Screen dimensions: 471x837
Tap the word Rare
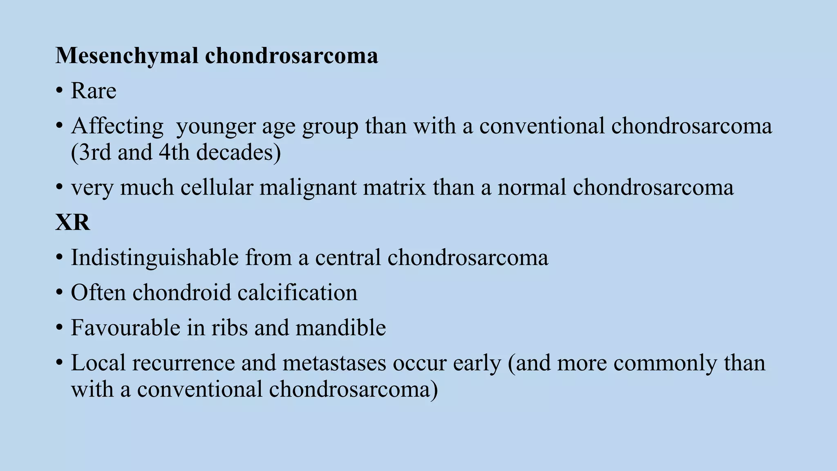[94, 91]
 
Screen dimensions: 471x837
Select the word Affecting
[117, 126]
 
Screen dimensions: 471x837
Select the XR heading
[72, 223]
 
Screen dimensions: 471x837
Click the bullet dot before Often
[60, 293]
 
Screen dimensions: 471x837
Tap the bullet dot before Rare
[60, 91]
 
